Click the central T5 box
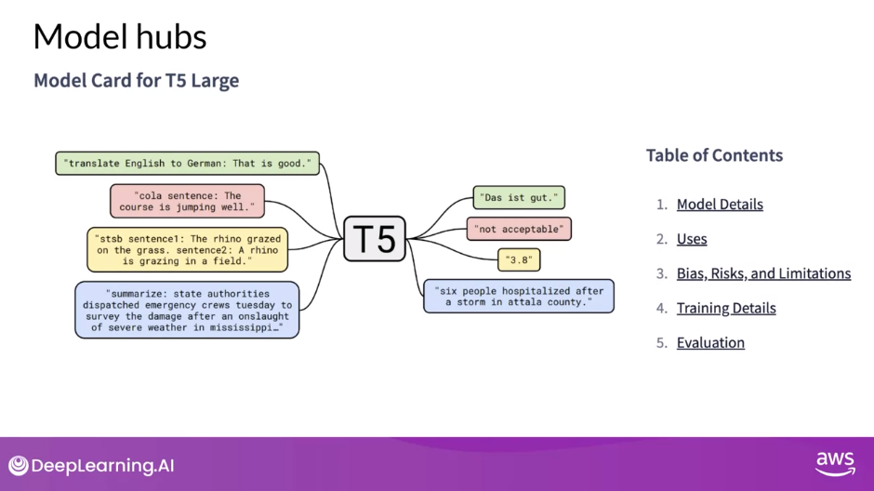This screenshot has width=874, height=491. [x=375, y=238]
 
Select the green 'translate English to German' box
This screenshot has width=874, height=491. [x=187, y=164]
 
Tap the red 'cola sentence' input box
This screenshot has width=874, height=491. [x=187, y=201]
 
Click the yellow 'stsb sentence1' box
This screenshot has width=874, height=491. [x=187, y=249]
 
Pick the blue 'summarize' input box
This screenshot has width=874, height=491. [x=187, y=310]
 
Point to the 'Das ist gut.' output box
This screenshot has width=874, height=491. [x=519, y=197]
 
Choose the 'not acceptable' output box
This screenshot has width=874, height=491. [x=519, y=229]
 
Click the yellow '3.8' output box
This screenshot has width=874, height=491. [x=519, y=259]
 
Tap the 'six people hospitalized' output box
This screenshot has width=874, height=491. [x=519, y=296]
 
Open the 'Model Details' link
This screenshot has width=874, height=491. [x=720, y=205]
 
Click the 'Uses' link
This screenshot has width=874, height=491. [x=692, y=239]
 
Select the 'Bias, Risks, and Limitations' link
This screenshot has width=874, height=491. [x=763, y=273]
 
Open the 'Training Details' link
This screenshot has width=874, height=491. [x=726, y=308]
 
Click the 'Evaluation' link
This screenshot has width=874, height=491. [x=710, y=342]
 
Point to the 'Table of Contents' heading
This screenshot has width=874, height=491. [x=714, y=155]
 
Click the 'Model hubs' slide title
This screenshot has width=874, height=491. [x=120, y=37]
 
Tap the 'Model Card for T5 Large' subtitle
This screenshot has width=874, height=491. [x=137, y=81]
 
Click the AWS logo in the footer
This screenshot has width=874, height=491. [x=834, y=463]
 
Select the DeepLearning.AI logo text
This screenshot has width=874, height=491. [x=103, y=466]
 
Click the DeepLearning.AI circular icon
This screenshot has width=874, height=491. [x=19, y=466]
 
